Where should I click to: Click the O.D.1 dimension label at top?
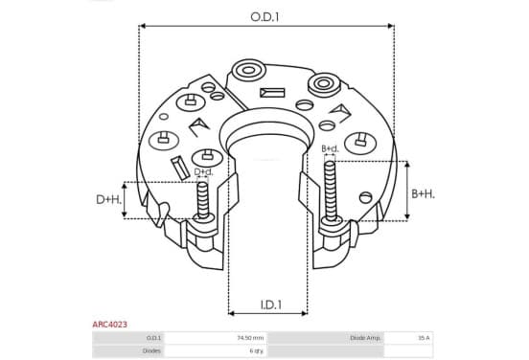pyautogui.click(x=264, y=17)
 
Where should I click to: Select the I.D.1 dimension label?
pyautogui.click(x=271, y=304)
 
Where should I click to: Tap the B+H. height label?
pyautogui.click(x=423, y=193)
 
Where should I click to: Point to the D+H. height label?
pyautogui.click(x=108, y=199)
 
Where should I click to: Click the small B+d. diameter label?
pyautogui.click(x=330, y=148)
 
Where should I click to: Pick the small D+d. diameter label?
pyautogui.click(x=204, y=172)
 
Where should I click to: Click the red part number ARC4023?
pyautogui.click(x=110, y=325)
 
